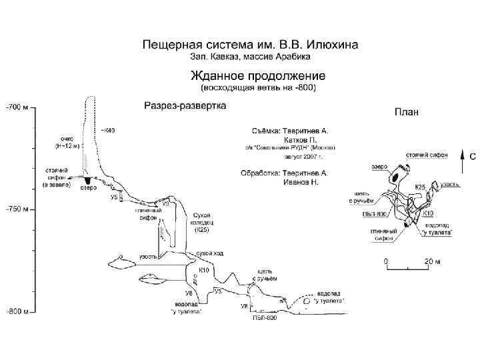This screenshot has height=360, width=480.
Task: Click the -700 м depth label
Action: tap(18, 106)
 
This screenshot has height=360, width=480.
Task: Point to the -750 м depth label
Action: tap(18, 209)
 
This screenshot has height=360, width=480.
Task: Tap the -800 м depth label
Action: tap(18, 311)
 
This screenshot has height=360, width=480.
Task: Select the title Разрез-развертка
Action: tap(185, 105)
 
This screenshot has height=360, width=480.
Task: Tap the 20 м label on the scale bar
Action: tap(433, 261)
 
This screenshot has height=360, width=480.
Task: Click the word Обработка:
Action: tap(261, 173)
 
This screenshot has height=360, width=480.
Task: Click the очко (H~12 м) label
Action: tap(67, 141)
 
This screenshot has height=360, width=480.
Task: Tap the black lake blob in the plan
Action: tap(397, 178)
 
